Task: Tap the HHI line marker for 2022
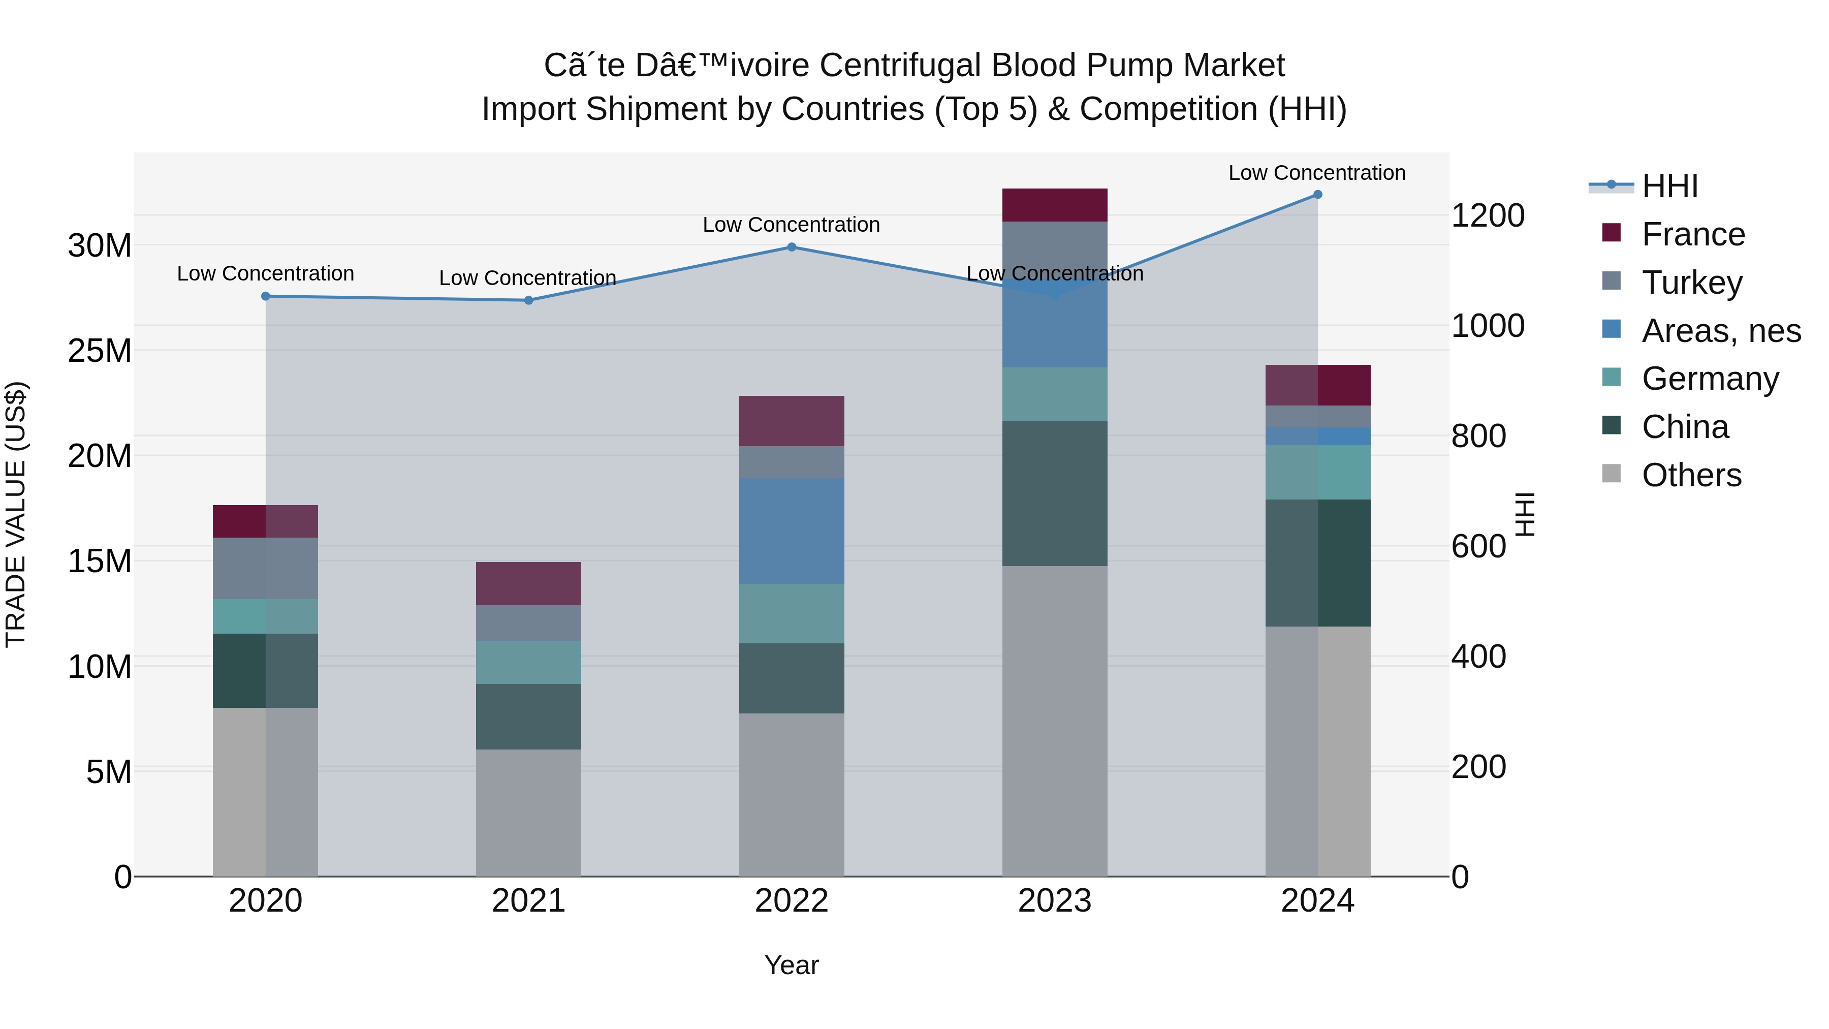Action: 792,247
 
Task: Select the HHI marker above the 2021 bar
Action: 528,300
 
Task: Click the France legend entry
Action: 1693,234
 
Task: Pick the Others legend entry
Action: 1691,475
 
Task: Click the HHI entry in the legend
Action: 1669,186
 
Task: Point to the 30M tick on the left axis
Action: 100,246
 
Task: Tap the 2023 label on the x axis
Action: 1054,901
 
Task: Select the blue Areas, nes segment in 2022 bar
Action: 792,531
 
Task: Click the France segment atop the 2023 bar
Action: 1054,205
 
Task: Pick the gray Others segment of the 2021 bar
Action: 528,813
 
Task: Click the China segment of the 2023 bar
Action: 1054,493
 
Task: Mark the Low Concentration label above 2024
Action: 1316,173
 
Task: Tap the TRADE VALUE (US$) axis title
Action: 16,514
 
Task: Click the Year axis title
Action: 791,965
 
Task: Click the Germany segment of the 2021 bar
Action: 528,663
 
